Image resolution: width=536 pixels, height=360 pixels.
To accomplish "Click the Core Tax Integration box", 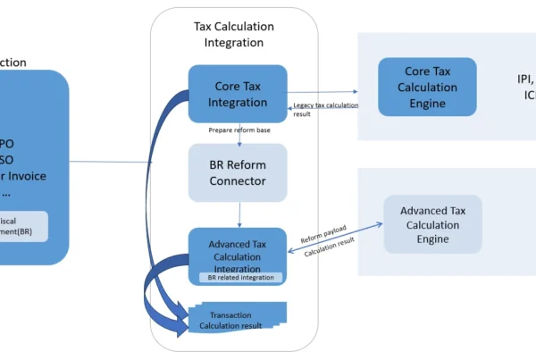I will point(238,93).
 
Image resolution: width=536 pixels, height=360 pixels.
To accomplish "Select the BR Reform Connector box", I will point(238,172).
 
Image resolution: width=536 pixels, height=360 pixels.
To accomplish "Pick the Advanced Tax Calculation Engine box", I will point(432,224).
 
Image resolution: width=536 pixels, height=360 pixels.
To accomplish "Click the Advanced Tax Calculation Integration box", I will point(238,251).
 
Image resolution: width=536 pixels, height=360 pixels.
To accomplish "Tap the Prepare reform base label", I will point(239,130).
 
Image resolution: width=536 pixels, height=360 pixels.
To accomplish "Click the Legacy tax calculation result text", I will point(325,110).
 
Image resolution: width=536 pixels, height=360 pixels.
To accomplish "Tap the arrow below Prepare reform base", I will point(239,138).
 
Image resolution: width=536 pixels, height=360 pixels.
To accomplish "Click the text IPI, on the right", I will point(525,79).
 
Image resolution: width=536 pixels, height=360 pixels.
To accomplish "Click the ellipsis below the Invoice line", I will point(6,192).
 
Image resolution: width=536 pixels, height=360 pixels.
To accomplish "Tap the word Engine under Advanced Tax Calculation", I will point(432,239).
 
